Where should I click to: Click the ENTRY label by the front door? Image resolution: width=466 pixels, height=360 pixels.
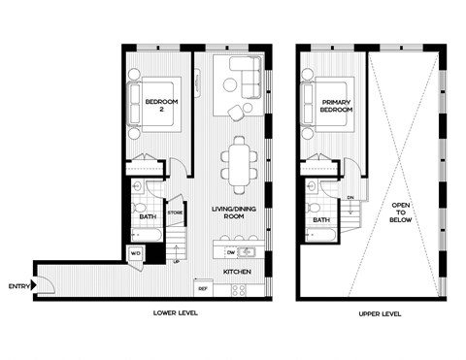click(x=17, y=285)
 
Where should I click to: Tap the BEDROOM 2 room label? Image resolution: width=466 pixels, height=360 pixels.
click(x=159, y=106)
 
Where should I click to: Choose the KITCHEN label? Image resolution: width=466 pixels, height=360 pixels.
click(x=238, y=272)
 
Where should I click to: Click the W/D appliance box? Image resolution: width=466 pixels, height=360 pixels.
click(x=136, y=254)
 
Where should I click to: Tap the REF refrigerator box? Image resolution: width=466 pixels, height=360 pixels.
click(x=203, y=288)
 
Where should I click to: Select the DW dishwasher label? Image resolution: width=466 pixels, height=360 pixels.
click(x=217, y=251)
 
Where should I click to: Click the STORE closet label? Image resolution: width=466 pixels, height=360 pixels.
click(x=175, y=212)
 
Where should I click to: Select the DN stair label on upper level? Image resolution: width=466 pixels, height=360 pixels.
click(x=350, y=197)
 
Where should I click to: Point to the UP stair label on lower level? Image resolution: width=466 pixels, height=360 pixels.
click(x=176, y=261)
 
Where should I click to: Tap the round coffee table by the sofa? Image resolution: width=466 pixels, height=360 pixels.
click(x=231, y=84)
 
